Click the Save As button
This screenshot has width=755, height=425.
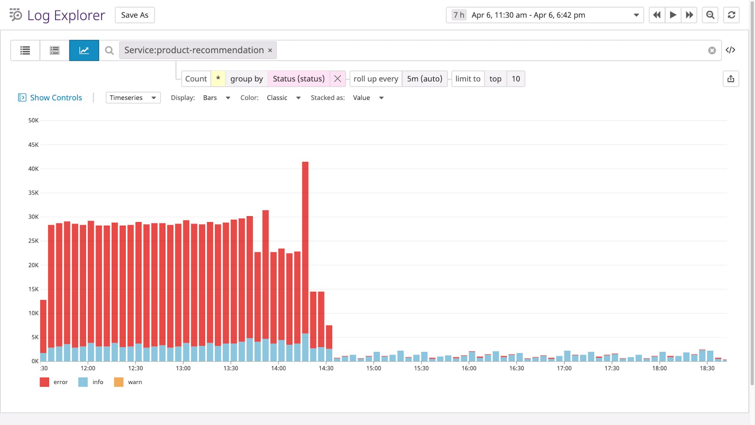pyautogui.click(x=135, y=15)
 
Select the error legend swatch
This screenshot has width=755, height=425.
pyautogui.click(x=44, y=382)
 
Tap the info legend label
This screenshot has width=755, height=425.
pyautogui.click(x=98, y=382)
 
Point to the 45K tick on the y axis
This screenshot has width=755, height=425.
pyautogui.click(x=33, y=144)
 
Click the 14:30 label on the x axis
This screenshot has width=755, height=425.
pyautogui.click(x=326, y=368)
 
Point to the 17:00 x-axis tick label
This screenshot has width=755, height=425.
pyautogui.click(x=564, y=368)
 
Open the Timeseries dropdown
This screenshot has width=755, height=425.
pyautogui.click(x=133, y=98)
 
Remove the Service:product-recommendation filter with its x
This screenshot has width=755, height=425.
pyautogui.click(x=270, y=50)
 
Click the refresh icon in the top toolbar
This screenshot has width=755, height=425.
pyautogui.click(x=731, y=15)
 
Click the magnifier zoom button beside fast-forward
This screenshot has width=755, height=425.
pyautogui.click(x=710, y=15)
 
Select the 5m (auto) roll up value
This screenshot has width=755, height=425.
pyautogui.click(x=424, y=79)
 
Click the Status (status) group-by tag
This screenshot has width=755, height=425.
pyautogui.click(x=298, y=79)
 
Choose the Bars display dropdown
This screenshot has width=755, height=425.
pyautogui.click(x=216, y=98)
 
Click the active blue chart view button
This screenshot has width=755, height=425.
pyautogui.click(x=84, y=50)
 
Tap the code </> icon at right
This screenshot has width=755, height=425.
pyautogui.click(x=730, y=50)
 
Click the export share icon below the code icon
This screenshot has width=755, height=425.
pyautogui.click(x=730, y=79)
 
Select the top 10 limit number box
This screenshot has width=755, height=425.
pyautogui.click(x=516, y=79)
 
